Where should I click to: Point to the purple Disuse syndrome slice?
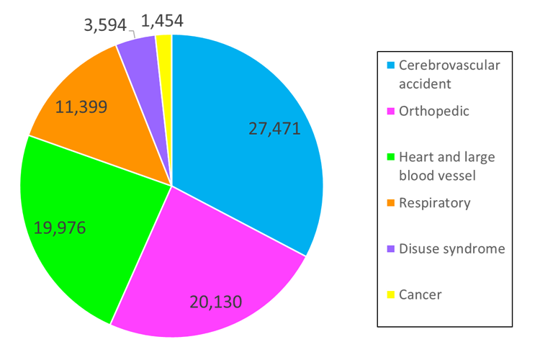click(x=138, y=53)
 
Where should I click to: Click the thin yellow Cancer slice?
click(x=164, y=47)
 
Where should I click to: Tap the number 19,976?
click(x=60, y=228)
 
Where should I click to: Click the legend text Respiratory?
click(x=435, y=203)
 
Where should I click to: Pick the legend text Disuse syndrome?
click(x=452, y=248)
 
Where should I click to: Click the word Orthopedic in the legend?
click(x=434, y=111)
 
